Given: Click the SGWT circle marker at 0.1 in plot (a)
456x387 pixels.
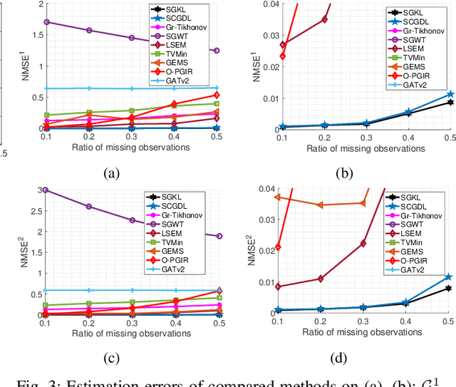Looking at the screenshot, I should [x=47, y=22].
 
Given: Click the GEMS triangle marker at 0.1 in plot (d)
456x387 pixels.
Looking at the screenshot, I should [x=278, y=197].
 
